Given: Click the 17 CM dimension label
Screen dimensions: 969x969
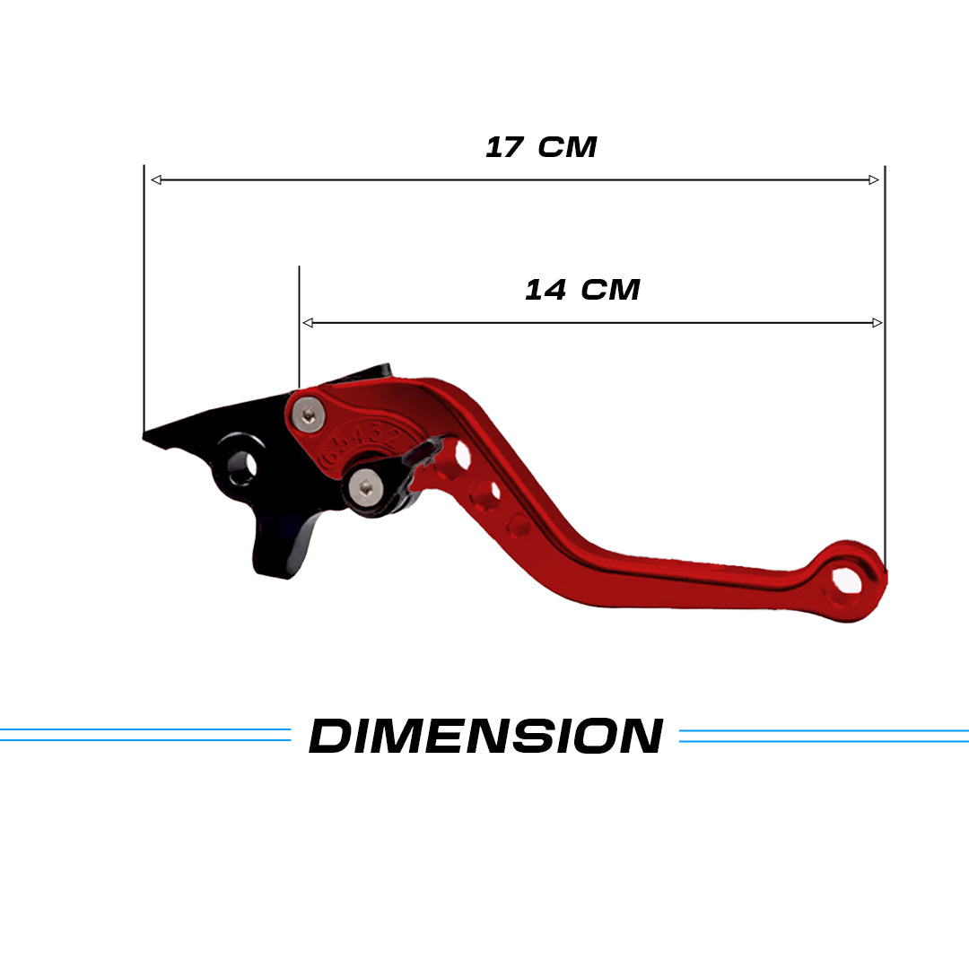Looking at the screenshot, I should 541,147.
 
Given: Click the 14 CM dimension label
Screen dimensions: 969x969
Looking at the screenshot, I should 582,290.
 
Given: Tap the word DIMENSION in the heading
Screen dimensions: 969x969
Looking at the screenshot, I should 485,737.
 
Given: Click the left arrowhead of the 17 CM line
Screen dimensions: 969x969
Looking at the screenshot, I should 156,180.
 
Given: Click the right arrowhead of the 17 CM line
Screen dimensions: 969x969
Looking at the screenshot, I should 873,180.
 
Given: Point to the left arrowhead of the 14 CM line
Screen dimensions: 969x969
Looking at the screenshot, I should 308,323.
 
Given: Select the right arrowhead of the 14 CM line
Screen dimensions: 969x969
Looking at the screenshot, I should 877,323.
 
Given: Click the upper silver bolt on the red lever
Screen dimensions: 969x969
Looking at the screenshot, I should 310,414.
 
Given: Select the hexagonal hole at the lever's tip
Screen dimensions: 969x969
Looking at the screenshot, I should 845,581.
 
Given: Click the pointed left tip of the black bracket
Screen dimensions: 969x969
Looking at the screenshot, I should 147,436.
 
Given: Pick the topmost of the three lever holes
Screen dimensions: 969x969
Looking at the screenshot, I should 461,455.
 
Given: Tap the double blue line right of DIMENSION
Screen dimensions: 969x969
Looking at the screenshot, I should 824,736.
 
